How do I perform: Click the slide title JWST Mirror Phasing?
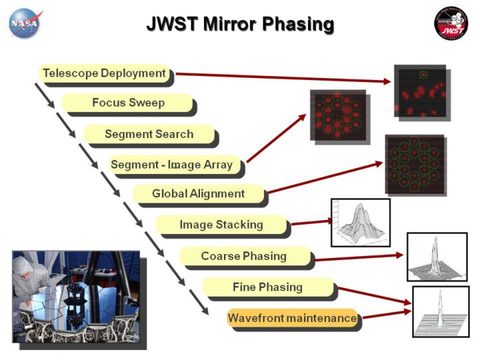pos(240,25)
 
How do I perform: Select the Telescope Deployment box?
pos(104,73)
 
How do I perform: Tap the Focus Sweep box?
pos(128,103)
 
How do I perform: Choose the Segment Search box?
pos(149,134)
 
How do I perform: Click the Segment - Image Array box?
pos(172,165)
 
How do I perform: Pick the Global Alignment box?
pos(199,194)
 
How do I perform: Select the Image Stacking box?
pos(221,225)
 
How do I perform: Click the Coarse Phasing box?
pos(244,256)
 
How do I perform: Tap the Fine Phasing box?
pos(267,287)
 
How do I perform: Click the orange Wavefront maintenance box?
pos(292,318)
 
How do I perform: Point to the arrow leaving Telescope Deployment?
pos(280,77)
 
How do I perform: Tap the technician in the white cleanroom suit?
pos(30,280)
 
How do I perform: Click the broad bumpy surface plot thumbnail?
pos(360,222)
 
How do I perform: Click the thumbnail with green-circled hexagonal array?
pos(414,164)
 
